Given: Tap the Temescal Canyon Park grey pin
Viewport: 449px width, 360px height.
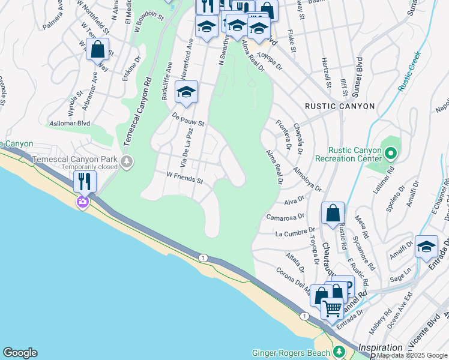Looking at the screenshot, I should click(x=127, y=161).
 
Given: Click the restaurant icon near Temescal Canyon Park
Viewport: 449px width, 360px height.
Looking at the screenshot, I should click(x=85, y=181).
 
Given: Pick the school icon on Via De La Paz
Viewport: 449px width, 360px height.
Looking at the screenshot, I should click(x=186, y=92).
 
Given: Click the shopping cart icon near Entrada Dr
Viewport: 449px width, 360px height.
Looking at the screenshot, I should click(x=331, y=308).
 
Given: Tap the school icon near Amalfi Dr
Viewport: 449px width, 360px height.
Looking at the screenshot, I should click(x=426, y=247).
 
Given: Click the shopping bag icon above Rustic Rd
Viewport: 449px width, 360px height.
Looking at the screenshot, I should click(x=333, y=213).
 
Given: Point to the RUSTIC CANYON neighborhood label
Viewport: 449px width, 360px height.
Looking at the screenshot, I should click(x=340, y=106).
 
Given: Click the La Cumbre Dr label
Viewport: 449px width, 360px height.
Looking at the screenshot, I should click(x=295, y=232).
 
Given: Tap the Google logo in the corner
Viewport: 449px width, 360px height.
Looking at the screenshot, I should click(x=20, y=353).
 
